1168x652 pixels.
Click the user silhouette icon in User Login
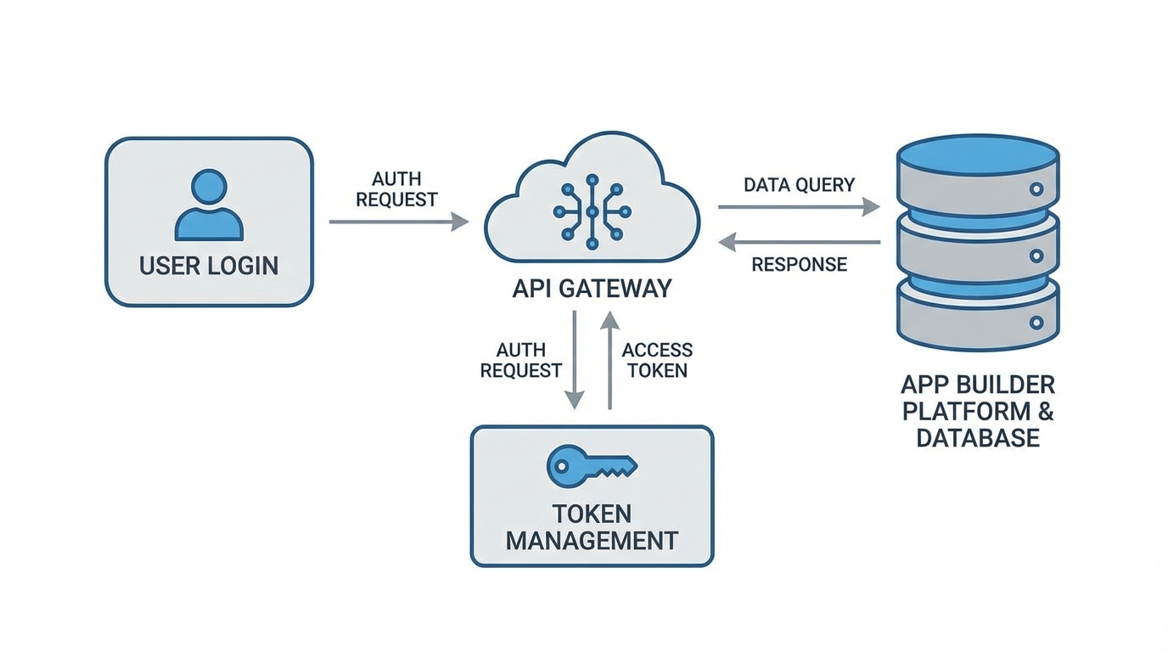[x=209, y=205]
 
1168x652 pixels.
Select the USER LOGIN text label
[x=209, y=265]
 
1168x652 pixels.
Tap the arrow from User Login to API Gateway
[x=398, y=222]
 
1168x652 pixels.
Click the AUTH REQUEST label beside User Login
[x=396, y=189]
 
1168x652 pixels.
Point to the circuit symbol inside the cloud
[x=592, y=211]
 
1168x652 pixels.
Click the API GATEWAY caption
[x=592, y=289]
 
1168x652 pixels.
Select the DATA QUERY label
[x=799, y=184]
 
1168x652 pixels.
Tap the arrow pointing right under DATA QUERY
[x=798, y=206]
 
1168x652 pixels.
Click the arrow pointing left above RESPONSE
[x=798, y=243]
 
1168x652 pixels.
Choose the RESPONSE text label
[x=799, y=264]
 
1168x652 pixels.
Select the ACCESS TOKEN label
[x=656, y=360]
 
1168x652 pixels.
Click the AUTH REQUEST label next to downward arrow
[x=520, y=360]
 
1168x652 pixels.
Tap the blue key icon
[x=592, y=464]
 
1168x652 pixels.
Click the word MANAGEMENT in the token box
[x=592, y=540]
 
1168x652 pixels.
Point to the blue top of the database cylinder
[x=978, y=156]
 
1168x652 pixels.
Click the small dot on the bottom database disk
[x=1036, y=323]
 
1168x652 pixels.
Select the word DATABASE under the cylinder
[x=978, y=437]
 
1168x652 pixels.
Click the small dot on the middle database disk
[x=1036, y=255]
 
